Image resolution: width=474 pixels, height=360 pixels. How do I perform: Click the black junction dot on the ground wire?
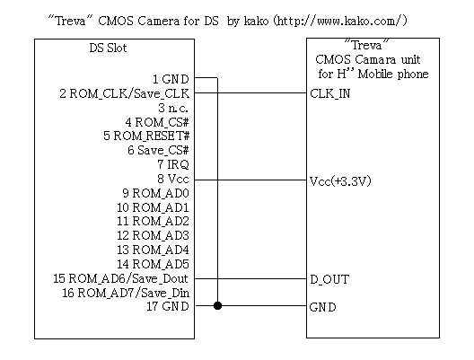click(x=217, y=305)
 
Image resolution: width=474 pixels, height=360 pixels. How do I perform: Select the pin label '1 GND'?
click(x=171, y=79)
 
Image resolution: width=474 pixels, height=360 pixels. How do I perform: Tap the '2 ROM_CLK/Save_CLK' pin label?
click(x=124, y=93)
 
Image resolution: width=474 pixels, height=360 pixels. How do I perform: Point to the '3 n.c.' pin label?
click(x=173, y=108)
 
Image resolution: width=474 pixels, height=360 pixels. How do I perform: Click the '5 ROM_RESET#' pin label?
click(x=146, y=136)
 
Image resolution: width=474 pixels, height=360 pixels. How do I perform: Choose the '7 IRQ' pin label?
click(x=173, y=164)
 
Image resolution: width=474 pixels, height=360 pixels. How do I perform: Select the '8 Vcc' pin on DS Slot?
click(x=173, y=179)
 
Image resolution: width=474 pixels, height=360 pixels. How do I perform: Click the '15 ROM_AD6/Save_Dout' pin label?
click(x=120, y=278)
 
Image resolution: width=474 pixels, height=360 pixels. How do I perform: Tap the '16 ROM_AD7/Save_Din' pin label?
click(x=126, y=293)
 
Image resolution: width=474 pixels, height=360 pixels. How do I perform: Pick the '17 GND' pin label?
click(x=168, y=306)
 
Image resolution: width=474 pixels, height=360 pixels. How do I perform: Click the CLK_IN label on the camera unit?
click(x=330, y=93)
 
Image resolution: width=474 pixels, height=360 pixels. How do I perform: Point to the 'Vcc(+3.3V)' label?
click(x=340, y=181)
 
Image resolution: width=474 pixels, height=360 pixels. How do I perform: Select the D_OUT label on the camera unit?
click(x=329, y=279)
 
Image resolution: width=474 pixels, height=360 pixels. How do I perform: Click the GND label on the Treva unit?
click(x=323, y=307)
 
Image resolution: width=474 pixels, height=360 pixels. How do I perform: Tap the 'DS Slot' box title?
click(x=108, y=48)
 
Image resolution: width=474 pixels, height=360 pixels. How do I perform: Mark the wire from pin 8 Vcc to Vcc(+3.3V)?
click(x=250, y=180)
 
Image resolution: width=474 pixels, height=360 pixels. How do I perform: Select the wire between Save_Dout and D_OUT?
click(x=250, y=278)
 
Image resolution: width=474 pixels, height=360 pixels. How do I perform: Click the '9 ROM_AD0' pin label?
click(x=155, y=193)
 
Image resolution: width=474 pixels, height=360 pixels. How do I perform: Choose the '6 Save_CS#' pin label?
click(x=158, y=150)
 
